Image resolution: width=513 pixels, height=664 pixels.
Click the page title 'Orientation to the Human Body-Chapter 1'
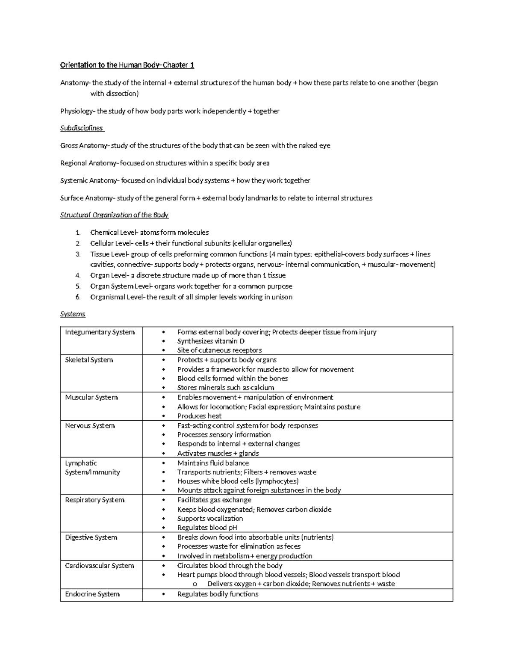pyautogui.click(x=127, y=65)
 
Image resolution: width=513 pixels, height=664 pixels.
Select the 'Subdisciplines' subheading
pyautogui.click(x=82, y=128)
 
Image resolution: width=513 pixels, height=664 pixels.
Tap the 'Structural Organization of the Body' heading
pyautogui.click(x=114, y=215)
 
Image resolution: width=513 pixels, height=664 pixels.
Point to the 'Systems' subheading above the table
pyautogui.click(x=73, y=314)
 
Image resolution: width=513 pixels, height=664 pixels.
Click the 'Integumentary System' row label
pyautogui.click(x=100, y=332)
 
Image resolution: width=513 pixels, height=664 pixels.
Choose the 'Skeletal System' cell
pyautogui.click(x=89, y=360)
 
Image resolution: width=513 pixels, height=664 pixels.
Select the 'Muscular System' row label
pyautogui.click(x=91, y=398)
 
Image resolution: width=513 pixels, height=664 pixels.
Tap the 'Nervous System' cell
pyautogui.click(x=90, y=426)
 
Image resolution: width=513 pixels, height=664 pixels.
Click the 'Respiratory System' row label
pyautogui.click(x=94, y=500)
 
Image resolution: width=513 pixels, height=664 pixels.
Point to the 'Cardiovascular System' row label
pyautogui.click(x=99, y=566)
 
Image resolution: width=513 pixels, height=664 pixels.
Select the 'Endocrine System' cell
pyautogui.click(x=92, y=594)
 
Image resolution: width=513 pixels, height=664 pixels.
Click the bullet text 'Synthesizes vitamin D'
pyautogui.click(x=211, y=341)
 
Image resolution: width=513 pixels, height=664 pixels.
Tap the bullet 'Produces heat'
pyautogui.click(x=199, y=416)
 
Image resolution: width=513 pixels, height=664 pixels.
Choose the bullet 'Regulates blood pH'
pyautogui.click(x=207, y=528)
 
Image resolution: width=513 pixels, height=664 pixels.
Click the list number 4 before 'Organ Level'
pyautogui.click(x=78, y=276)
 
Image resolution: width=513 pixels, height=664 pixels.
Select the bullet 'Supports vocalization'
pyautogui.click(x=210, y=519)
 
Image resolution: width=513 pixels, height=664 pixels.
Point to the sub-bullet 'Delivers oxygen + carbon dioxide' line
pyautogui.click(x=301, y=584)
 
